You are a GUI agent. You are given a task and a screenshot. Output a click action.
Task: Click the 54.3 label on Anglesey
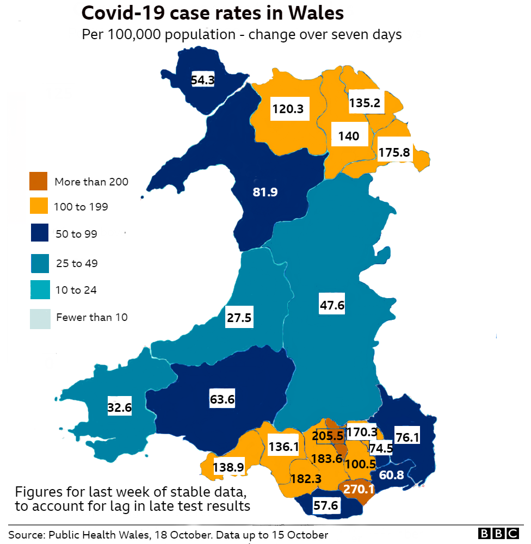pyautogui.click(x=202, y=80)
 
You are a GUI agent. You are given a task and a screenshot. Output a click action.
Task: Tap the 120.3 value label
pyautogui.click(x=288, y=109)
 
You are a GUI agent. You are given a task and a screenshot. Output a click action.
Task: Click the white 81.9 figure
pyautogui.click(x=265, y=191)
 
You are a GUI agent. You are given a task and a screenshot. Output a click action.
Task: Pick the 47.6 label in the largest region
pyautogui.click(x=332, y=305)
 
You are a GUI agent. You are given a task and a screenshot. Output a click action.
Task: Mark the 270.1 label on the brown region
pyautogui.click(x=359, y=489)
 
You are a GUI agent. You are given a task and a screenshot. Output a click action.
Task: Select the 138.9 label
pyautogui.click(x=229, y=467)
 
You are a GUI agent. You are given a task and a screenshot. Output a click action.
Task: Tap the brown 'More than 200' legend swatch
pyautogui.click(x=39, y=182)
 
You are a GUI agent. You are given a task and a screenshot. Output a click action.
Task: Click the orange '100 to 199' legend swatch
pyautogui.click(x=39, y=207)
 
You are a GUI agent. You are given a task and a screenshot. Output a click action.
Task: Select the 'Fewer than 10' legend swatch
pyautogui.click(x=39, y=318)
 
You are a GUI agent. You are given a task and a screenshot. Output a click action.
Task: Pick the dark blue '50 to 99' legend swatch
pyautogui.click(x=39, y=234)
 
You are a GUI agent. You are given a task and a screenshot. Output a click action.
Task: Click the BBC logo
pyautogui.click(x=498, y=534)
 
